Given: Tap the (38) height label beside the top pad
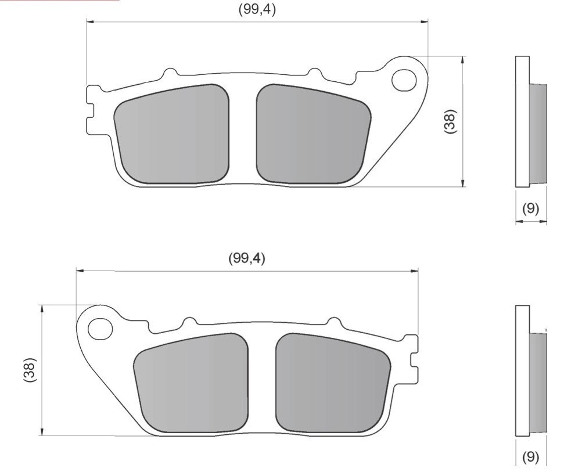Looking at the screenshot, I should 450,122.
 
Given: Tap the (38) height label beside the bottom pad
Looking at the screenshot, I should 30,369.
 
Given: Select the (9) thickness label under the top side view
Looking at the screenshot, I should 530,209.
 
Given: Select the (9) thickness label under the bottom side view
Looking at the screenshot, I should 530,457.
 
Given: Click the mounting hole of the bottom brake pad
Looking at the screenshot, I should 100,329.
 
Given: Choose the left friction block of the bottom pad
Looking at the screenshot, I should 192,383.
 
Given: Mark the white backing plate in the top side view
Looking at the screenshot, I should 522,122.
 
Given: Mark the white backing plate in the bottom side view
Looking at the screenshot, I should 522,370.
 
